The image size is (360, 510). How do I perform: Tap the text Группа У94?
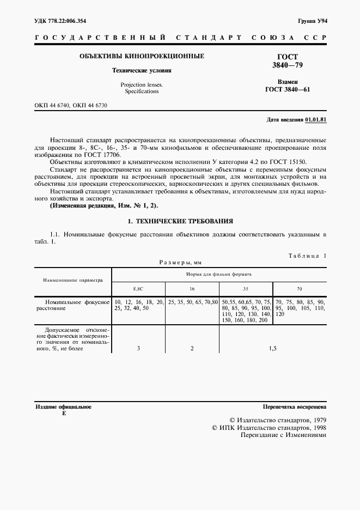(x=312, y=21)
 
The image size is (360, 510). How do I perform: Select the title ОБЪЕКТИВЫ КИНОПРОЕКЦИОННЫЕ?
(x=142, y=56)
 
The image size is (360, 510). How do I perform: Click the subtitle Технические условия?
(x=142, y=70)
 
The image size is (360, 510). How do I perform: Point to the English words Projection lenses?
(x=142, y=84)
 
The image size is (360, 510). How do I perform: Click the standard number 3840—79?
(x=288, y=65)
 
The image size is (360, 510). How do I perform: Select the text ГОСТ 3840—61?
(x=288, y=89)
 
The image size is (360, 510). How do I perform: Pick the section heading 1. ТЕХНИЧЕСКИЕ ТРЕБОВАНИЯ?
(x=180, y=221)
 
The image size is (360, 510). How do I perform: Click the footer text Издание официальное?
(x=63, y=407)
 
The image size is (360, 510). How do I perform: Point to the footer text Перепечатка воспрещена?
(x=294, y=407)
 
